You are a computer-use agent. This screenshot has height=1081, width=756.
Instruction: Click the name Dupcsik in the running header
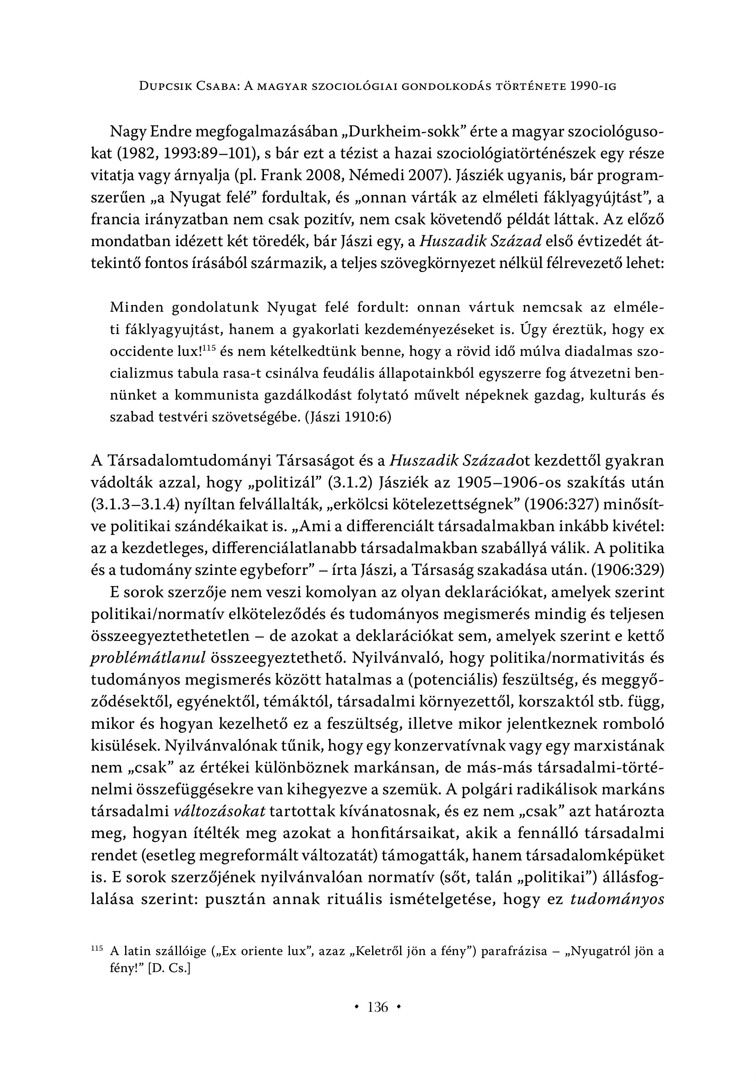pos(168,86)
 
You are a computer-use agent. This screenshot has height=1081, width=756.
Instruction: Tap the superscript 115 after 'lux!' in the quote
pos(210,348)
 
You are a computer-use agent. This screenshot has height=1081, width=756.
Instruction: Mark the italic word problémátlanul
pos(148,658)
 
